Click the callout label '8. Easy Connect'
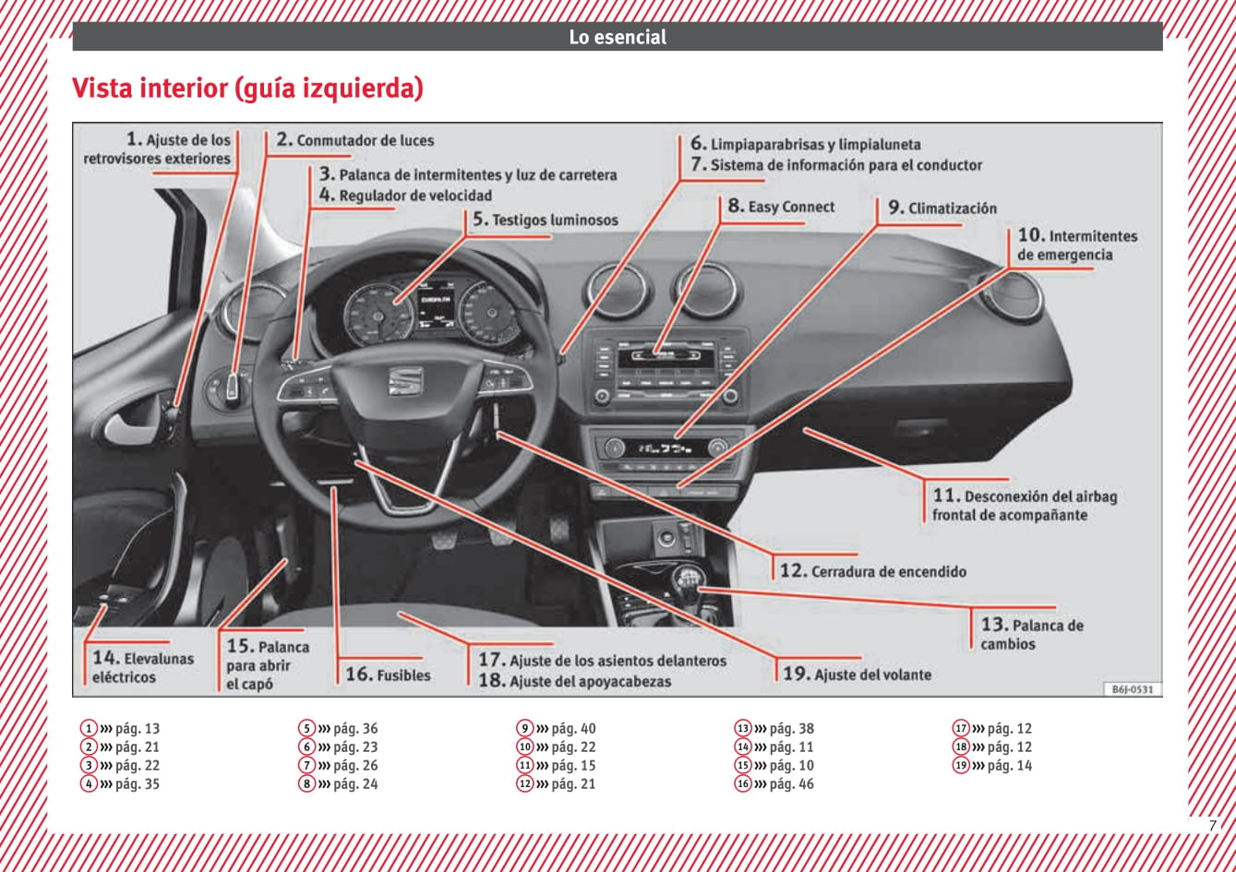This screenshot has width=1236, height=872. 781,207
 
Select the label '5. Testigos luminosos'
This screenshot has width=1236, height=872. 545,220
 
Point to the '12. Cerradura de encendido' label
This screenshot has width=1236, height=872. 872,571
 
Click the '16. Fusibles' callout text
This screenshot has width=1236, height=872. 388,675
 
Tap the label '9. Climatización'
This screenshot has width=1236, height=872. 942,208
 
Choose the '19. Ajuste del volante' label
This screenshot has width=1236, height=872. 857,675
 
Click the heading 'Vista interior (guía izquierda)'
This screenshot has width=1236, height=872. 247,89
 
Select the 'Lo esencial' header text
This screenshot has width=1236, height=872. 618,38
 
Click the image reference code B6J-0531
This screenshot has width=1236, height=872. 1132,688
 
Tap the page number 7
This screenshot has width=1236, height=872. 1212,826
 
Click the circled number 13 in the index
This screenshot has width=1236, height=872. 743,728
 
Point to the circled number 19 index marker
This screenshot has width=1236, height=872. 961,765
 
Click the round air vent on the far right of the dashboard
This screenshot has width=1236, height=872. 1014,296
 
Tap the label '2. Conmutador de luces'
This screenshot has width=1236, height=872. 354,140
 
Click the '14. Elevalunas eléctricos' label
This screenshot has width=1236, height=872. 143,667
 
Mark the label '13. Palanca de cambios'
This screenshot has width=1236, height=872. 1031,634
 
